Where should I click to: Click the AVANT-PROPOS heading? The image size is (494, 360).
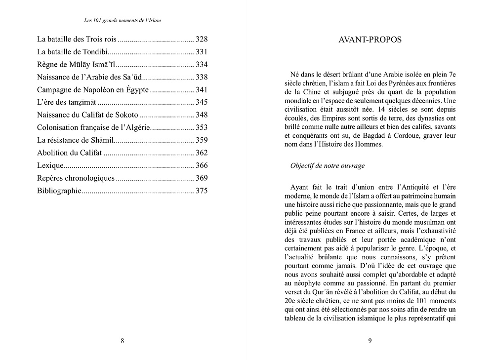[370, 40]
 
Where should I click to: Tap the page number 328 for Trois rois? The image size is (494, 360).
[202, 39]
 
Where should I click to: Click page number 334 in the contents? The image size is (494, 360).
[202, 64]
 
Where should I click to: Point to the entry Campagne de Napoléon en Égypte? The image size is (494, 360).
[93, 90]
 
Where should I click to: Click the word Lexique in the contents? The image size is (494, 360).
[51, 165]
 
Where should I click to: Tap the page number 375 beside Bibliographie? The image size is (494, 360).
[202, 191]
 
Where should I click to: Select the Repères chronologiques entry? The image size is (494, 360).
[76, 178]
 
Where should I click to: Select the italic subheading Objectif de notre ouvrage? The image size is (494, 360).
[328, 165]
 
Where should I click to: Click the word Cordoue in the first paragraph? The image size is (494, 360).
[417, 135]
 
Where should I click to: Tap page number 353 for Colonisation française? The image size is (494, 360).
[202, 127]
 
